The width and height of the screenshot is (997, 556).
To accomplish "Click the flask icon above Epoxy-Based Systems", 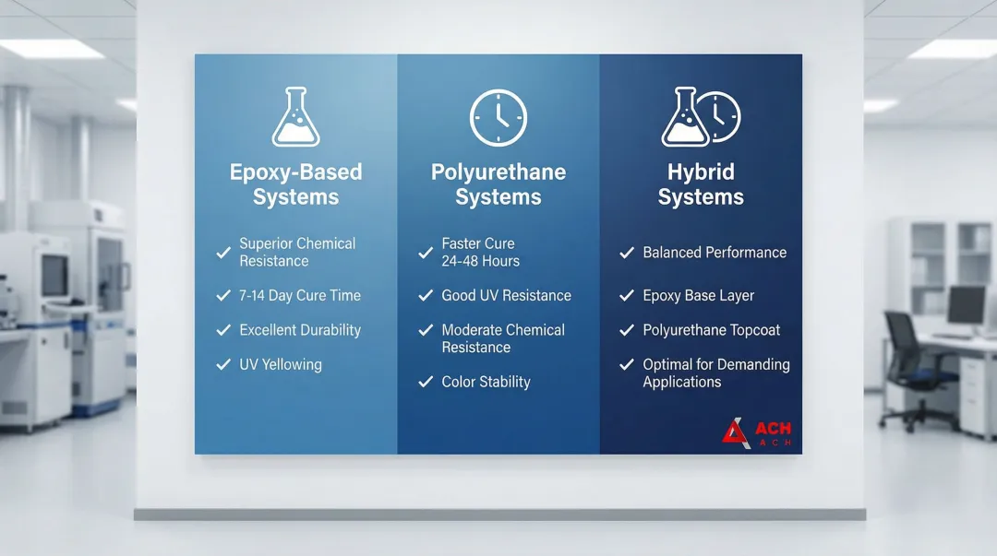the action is (x=295, y=117).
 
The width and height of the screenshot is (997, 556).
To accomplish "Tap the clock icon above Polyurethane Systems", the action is (x=498, y=117).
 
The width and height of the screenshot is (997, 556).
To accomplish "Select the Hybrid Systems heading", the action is (x=701, y=184).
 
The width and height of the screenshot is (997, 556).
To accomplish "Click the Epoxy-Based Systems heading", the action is (x=295, y=184).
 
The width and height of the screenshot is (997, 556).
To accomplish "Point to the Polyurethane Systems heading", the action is (x=498, y=184).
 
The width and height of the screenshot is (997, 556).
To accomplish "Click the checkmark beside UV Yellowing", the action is (x=223, y=364).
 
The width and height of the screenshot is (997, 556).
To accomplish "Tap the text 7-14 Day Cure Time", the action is (x=299, y=295).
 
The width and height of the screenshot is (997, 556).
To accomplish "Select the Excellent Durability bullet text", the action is (x=300, y=330).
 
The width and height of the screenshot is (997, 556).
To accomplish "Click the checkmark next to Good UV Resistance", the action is (x=426, y=295).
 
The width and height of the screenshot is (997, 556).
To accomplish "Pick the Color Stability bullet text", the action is (x=486, y=382).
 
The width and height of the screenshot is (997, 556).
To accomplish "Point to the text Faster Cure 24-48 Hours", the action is (x=480, y=253).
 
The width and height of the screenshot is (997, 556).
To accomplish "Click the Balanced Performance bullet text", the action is (x=715, y=253).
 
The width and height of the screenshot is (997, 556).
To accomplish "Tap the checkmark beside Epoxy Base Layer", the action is (x=627, y=295).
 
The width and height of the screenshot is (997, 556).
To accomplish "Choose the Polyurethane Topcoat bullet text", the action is (x=711, y=330).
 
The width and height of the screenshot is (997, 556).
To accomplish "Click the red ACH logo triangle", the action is (x=736, y=432).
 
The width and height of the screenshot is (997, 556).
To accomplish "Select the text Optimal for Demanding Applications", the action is (x=716, y=373).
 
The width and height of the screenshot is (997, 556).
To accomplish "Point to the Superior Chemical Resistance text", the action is (x=297, y=253).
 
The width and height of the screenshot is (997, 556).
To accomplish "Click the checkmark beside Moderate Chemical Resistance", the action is (x=426, y=330).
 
